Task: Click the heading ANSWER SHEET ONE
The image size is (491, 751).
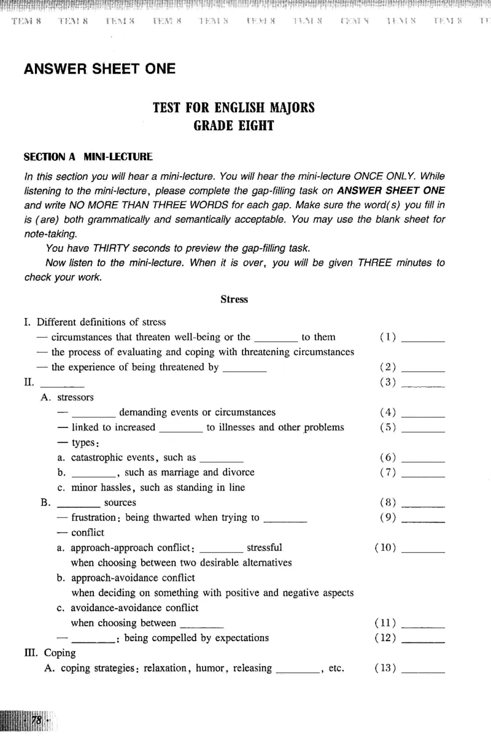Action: [99, 69]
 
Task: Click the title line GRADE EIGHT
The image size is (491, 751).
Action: [233, 126]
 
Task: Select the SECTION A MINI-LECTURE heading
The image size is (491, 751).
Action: [88, 157]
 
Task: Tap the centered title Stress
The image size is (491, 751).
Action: [234, 300]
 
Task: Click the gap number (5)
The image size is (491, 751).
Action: [388, 427]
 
